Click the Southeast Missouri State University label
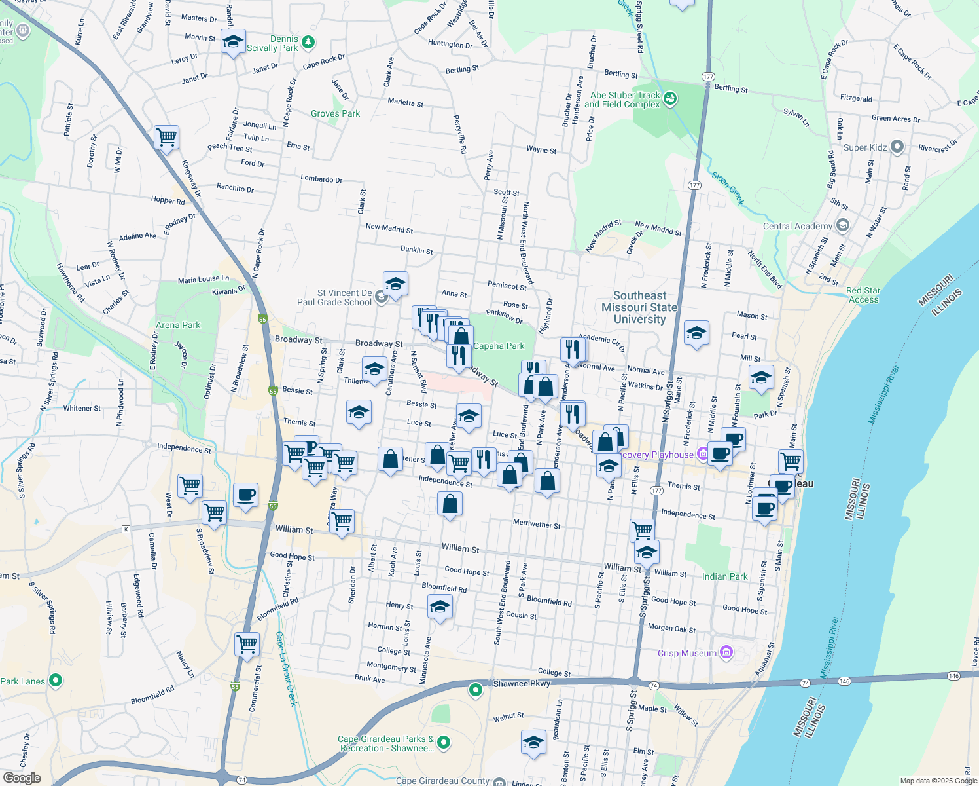pos(639,308)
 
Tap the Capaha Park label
pos(499,346)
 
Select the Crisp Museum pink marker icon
pos(726,652)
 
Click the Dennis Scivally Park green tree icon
pos(308,43)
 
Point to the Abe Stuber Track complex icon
pos(669,99)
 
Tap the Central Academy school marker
pos(843,225)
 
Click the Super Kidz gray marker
pos(897,147)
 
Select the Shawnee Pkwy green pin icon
pos(476,689)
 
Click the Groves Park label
pos(335,113)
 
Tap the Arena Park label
pos(178,325)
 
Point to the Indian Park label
pos(724,576)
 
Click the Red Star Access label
pos(863,295)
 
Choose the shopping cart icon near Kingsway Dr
pos(166,138)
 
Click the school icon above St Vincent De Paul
pos(395,284)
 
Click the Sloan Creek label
pos(728,189)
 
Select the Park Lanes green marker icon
pos(56,681)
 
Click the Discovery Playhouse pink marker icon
pos(702,453)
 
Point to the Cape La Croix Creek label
pos(286,668)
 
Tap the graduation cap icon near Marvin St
pos(233,42)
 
